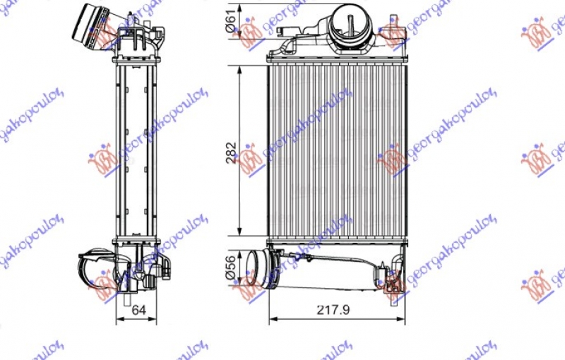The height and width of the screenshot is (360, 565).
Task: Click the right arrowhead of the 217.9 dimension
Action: click(403, 320)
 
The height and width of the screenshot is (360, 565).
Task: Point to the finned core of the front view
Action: click(338, 152)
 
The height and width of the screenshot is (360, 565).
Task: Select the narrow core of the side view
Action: click(134, 152)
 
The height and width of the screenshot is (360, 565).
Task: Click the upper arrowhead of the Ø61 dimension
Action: click(242, 6)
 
